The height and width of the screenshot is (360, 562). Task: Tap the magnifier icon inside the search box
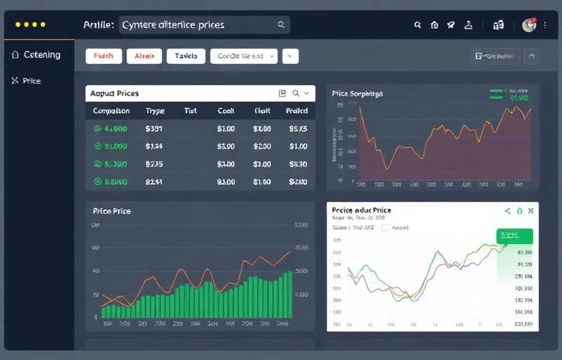(x=281, y=25)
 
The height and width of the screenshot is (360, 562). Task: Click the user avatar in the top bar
(x=529, y=25)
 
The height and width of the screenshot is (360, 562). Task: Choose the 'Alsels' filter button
(x=145, y=56)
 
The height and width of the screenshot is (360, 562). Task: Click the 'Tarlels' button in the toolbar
(x=186, y=56)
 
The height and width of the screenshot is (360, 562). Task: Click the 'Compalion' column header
(x=111, y=111)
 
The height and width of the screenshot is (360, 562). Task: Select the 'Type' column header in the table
(x=155, y=111)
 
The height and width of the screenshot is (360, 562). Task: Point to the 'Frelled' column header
(x=297, y=111)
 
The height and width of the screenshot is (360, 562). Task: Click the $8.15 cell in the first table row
(x=298, y=129)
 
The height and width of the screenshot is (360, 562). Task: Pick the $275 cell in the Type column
(x=154, y=165)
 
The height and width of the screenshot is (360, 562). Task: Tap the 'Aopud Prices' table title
(x=115, y=93)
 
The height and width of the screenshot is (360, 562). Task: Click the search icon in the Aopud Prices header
(x=296, y=93)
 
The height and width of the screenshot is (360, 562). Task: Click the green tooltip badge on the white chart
(x=514, y=236)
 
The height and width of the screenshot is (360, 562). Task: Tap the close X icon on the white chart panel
(x=531, y=210)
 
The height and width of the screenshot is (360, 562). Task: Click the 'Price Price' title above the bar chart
(x=112, y=211)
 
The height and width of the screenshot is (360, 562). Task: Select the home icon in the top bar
(x=434, y=25)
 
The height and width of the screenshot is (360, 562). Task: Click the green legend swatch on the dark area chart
(x=497, y=91)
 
